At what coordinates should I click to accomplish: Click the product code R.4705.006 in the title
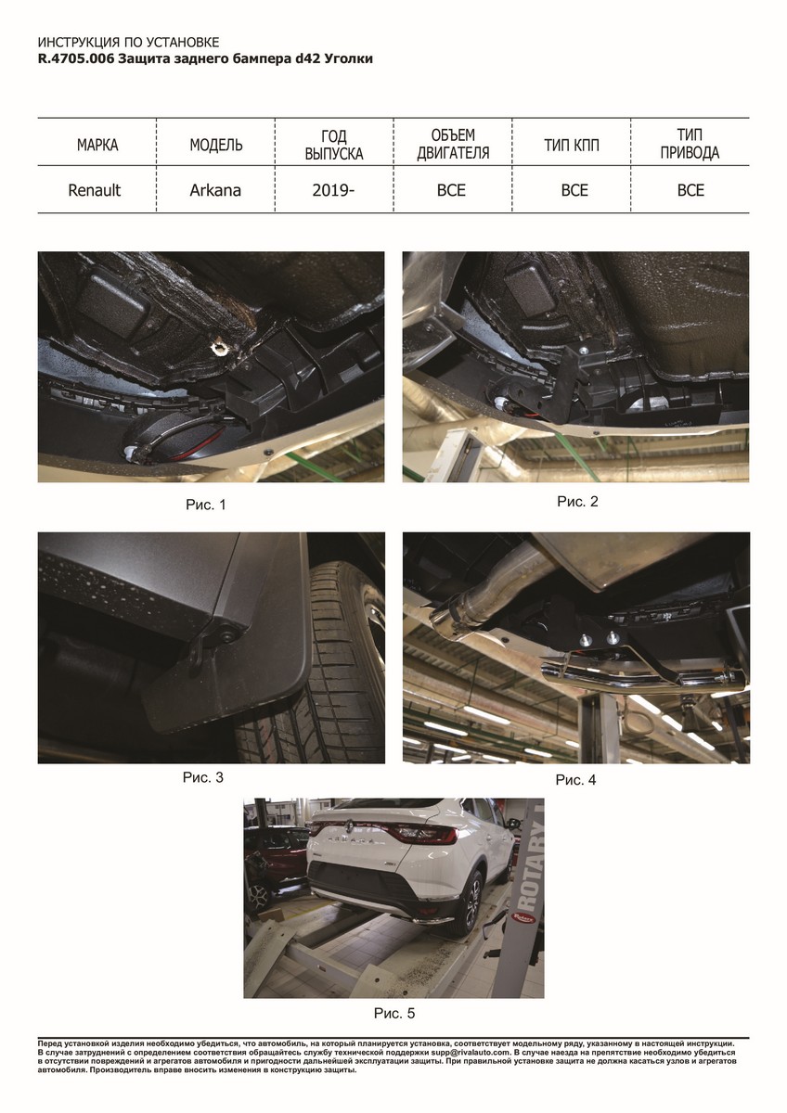[x=76, y=58]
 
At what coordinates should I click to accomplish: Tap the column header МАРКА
[x=97, y=145]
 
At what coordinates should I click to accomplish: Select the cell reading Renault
[x=95, y=190]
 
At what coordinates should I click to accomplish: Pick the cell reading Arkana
[x=215, y=190]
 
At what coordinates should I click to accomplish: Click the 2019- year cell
[x=333, y=190]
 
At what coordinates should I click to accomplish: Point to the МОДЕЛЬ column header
[x=216, y=145]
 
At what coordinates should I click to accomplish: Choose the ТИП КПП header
[x=572, y=145]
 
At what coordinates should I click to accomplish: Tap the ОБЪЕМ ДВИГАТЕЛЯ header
[x=453, y=144]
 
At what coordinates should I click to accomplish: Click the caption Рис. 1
[x=206, y=505]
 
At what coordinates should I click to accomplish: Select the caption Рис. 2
[x=577, y=502]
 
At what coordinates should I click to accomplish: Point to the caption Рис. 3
[x=203, y=777]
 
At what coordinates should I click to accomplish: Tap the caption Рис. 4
[x=575, y=780]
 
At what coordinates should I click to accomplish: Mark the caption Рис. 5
[x=394, y=1013]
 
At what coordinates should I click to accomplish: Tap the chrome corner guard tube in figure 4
[x=641, y=676]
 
